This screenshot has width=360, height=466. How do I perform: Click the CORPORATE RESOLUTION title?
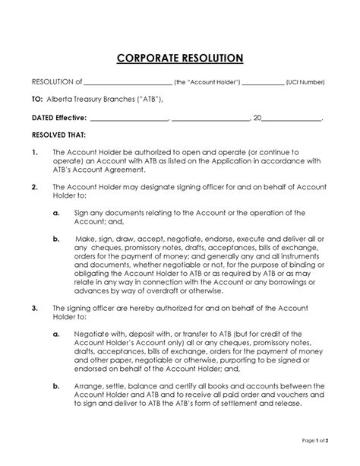tap(180, 58)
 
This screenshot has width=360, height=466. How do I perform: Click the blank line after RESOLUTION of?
tap(128, 82)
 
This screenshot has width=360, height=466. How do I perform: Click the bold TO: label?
tap(36, 100)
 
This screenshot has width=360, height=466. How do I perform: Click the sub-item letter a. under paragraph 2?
tap(57, 213)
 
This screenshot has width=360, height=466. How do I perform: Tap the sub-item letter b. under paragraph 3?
tap(57, 385)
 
